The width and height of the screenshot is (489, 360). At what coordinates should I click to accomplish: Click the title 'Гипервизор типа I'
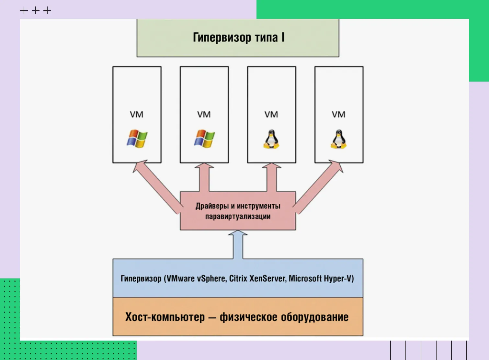(238, 37)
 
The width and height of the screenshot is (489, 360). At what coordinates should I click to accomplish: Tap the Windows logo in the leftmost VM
(137, 139)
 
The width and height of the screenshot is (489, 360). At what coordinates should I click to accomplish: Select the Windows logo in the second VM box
(204, 139)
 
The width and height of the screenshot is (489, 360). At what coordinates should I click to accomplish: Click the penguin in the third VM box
(271, 139)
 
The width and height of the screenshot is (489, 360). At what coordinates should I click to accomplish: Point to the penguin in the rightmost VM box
(338, 139)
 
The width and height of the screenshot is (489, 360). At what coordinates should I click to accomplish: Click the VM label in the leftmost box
(136, 114)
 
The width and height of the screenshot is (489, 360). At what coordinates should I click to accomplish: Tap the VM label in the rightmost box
(338, 114)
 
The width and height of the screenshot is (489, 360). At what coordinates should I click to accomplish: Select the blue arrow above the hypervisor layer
(238, 244)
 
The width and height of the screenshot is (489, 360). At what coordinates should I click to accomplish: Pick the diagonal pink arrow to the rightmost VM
(319, 186)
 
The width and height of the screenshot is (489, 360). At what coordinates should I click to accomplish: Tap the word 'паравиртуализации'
(238, 217)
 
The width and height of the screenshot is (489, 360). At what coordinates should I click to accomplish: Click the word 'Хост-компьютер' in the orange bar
(165, 317)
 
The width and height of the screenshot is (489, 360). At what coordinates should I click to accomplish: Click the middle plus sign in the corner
(36, 11)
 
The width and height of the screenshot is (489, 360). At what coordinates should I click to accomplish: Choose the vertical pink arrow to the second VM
(204, 178)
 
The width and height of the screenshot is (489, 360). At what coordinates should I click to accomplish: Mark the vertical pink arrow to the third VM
(272, 178)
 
